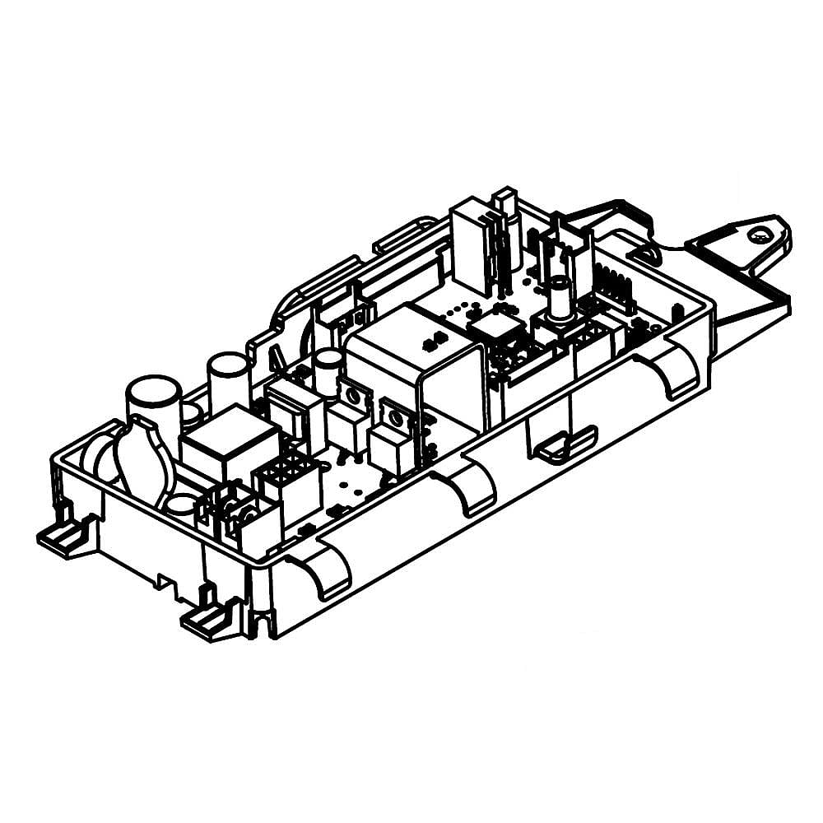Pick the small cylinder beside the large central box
[328, 370]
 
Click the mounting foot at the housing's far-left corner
[62, 539]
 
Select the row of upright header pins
[613, 288]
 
